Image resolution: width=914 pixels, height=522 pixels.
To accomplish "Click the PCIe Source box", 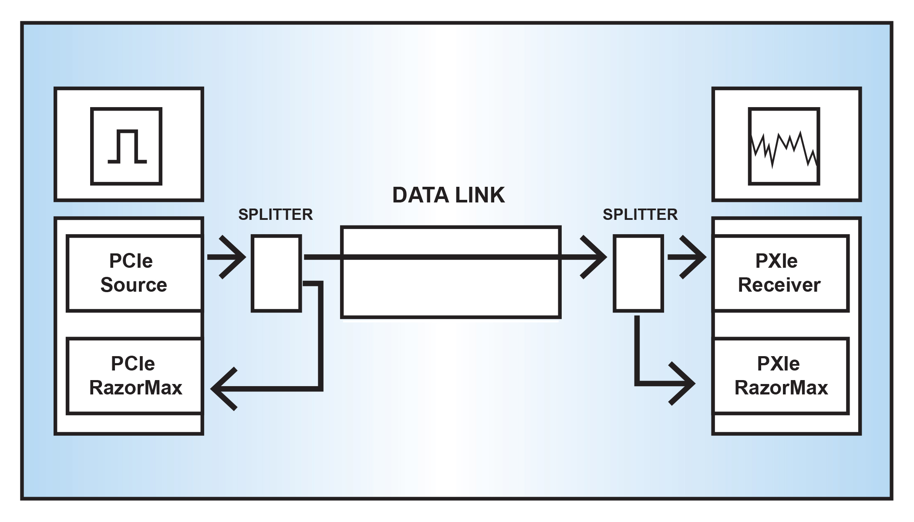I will point(134,273).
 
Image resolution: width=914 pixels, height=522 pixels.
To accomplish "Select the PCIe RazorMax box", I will point(134,375).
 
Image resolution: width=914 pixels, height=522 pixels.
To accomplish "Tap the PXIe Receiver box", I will point(781,273).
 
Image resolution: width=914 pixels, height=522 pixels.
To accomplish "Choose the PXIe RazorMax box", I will point(781,375).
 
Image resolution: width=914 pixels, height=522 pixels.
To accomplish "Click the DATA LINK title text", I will point(449,195).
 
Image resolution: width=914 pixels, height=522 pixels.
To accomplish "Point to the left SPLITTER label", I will point(276,214).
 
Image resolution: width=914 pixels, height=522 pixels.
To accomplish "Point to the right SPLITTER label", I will point(640,214).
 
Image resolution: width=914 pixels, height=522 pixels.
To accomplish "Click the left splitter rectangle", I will point(277,273).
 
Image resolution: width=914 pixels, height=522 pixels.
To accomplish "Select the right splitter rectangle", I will point(638,273).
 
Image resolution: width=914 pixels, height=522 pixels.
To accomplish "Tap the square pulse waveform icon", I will point(126,146).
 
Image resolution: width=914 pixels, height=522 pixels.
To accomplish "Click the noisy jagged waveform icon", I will point(784,146).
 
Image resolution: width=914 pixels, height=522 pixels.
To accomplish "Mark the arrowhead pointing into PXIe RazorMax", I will point(683,384).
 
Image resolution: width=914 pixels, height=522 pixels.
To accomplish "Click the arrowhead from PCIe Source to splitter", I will point(233,257).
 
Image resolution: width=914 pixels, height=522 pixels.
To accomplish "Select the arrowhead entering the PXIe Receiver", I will point(693,257).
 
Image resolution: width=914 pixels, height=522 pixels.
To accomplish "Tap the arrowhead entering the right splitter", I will point(594,257).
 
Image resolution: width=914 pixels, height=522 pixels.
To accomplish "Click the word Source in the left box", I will point(134,285).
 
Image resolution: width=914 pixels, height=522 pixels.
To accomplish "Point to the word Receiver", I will point(779,285).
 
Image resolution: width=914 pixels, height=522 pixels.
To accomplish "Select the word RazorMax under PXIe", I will point(781,387).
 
